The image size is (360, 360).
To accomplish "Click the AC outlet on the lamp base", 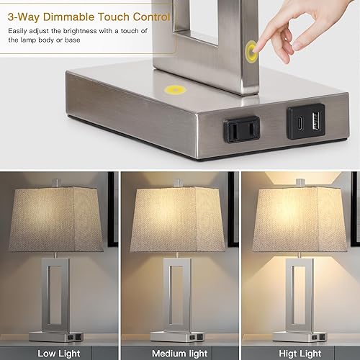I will click(x=239, y=130).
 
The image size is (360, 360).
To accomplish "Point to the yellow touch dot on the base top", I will click(x=174, y=91).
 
